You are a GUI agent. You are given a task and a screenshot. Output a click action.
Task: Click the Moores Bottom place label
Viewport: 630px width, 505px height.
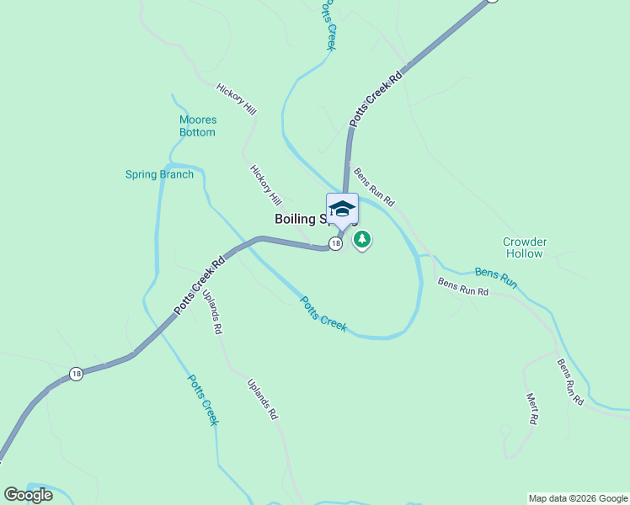click(197, 126)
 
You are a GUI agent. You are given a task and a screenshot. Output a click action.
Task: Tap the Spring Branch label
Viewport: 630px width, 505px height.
click(159, 175)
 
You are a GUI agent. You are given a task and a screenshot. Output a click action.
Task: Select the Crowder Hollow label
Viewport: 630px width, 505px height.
click(525, 247)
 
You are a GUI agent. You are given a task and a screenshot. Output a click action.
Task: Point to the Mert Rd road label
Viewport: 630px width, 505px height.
click(532, 408)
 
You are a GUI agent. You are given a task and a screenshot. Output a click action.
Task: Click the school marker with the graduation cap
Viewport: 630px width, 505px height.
click(342, 209)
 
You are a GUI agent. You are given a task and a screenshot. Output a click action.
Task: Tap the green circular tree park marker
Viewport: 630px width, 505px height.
click(362, 240)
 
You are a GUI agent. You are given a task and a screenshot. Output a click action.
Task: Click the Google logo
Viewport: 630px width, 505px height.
click(28, 495)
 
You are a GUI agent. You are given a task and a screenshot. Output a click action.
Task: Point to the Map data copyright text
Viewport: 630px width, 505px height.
click(578, 498)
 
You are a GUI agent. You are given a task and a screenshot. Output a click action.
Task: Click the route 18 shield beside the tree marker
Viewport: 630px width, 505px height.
click(335, 243)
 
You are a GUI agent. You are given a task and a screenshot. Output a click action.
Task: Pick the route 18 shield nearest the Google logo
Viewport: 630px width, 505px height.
click(76, 374)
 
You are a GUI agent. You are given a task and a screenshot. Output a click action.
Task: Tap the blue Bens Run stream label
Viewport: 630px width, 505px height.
click(495, 277)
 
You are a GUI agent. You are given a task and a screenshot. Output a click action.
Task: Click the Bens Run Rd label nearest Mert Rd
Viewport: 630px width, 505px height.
click(570, 382)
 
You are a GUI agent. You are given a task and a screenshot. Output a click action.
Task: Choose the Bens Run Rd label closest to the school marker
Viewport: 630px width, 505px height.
click(374, 188)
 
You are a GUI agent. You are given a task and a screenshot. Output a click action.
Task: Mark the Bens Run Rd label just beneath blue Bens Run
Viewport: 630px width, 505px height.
click(462, 286)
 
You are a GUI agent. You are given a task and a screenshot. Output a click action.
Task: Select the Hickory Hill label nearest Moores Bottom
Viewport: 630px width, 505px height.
click(236, 99)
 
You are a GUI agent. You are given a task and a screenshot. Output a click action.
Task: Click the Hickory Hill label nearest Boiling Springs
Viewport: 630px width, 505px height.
click(265, 185)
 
